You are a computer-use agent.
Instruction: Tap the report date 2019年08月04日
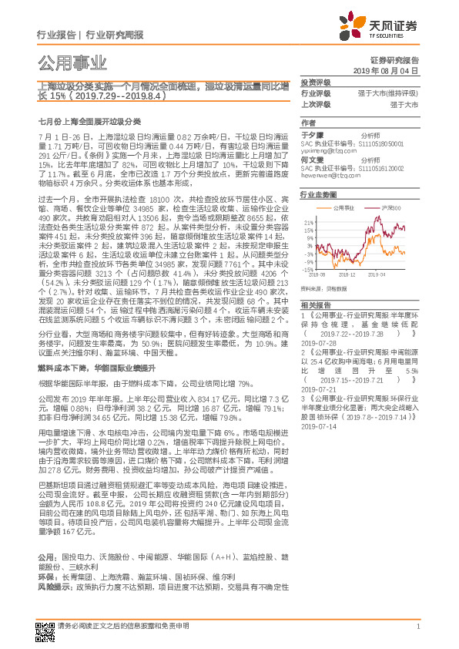(x=391, y=70)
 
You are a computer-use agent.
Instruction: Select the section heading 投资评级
(x=315, y=82)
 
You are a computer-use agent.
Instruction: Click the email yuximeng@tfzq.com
(x=326, y=151)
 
